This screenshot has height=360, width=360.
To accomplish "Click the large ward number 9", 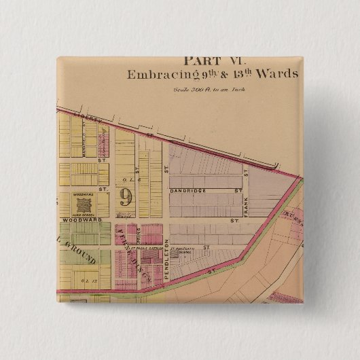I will coord(125,197).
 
